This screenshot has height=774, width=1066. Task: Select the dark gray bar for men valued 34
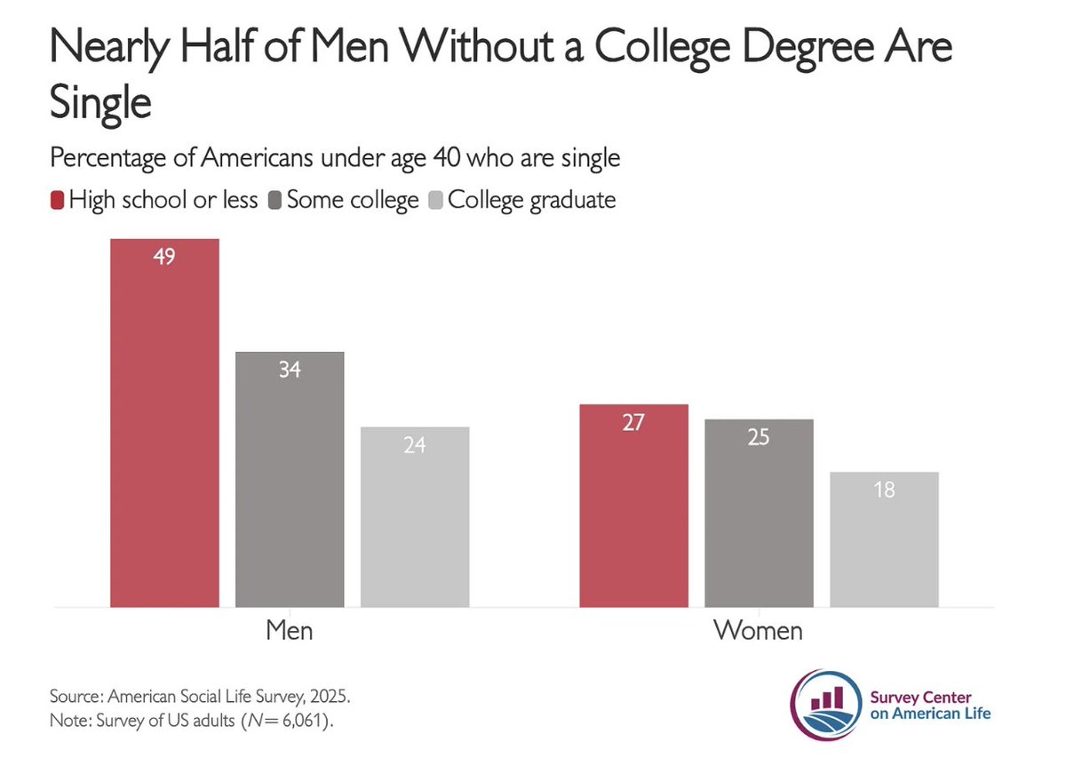pyautogui.click(x=290, y=480)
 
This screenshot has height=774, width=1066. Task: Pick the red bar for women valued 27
pyautogui.click(x=633, y=506)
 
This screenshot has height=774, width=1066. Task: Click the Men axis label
pyautogui.click(x=290, y=631)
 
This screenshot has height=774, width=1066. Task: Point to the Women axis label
pyautogui.click(x=758, y=631)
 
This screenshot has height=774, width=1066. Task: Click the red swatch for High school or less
pyautogui.click(x=57, y=200)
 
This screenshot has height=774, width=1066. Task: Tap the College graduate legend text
pyautogui.click(x=531, y=200)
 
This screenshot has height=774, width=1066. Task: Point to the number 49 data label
pyautogui.click(x=164, y=259)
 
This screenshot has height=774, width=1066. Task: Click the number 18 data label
pyautogui.click(x=884, y=489)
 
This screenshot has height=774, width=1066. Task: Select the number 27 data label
pyautogui.click(x=633, y=423)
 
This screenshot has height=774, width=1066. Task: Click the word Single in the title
pyautogui.click(x=99, y=103)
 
